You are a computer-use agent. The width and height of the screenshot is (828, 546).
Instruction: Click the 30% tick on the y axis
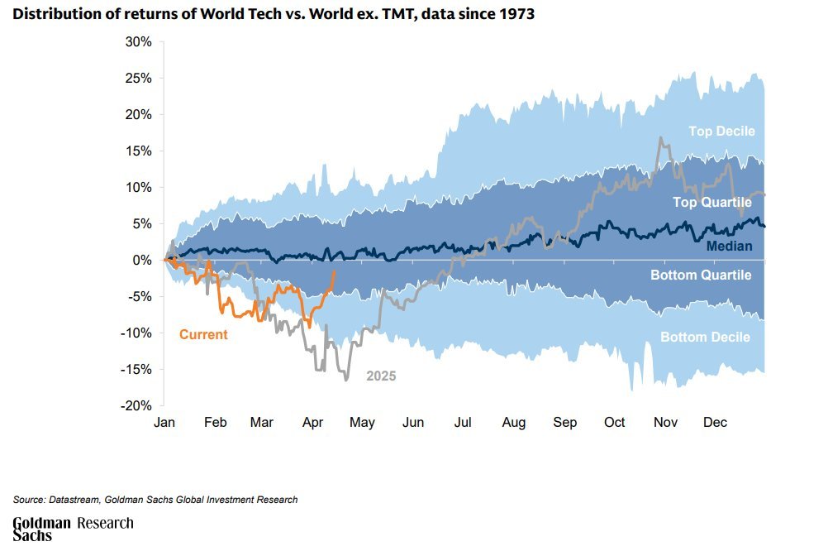[x=139, y=41]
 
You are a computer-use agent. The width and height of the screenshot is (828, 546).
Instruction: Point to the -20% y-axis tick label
[x=136, y=405]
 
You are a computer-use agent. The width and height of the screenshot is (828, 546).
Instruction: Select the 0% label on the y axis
[x=142, y=260]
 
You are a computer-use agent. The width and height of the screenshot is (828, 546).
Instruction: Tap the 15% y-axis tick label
[x=139, y=151]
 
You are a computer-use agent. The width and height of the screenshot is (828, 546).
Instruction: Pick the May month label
[x=362, y=423]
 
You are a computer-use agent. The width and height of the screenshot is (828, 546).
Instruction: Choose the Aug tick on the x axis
[x=513, y=423]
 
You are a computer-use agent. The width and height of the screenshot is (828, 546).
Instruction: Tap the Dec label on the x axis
[x=715, y=423]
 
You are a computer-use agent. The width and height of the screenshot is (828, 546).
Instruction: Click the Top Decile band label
[x=722, y=131]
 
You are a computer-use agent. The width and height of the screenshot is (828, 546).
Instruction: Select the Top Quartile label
[x=711, y=202]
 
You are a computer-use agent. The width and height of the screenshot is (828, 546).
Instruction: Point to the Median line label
[x=729, y=246]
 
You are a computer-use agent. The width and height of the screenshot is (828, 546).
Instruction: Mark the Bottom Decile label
[x=705, y=337]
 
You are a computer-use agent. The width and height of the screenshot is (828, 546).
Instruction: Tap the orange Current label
[x=203, y=335]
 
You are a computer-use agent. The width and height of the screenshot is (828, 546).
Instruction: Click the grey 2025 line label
[x=381, y=376]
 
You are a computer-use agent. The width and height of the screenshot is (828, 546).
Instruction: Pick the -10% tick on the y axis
[x=136, y=333]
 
